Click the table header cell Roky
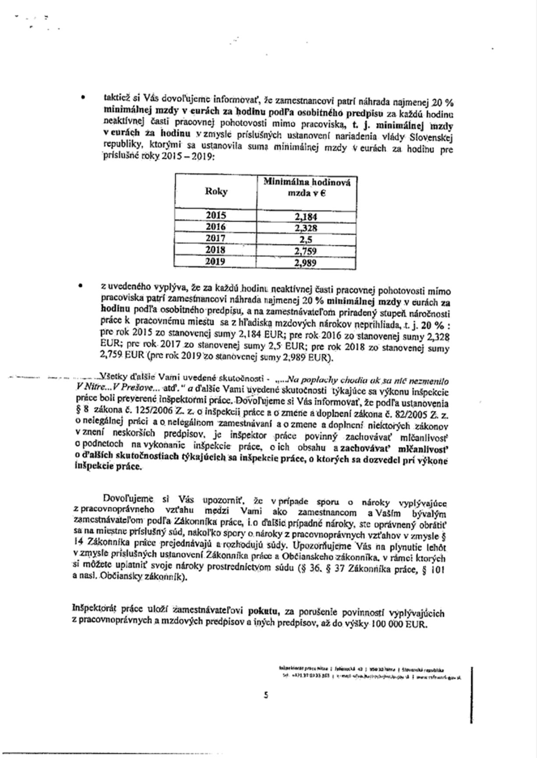(216, 191)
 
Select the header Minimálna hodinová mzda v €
(306, 187)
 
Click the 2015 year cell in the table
(216, 215)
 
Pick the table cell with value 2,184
(306, 216)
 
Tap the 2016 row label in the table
(216, 227)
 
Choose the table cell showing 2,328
(306, 228)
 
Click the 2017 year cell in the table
(216, 238)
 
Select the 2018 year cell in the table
(216, 250)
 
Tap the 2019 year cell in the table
(216, 262)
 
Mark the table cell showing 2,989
(306, 263)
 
